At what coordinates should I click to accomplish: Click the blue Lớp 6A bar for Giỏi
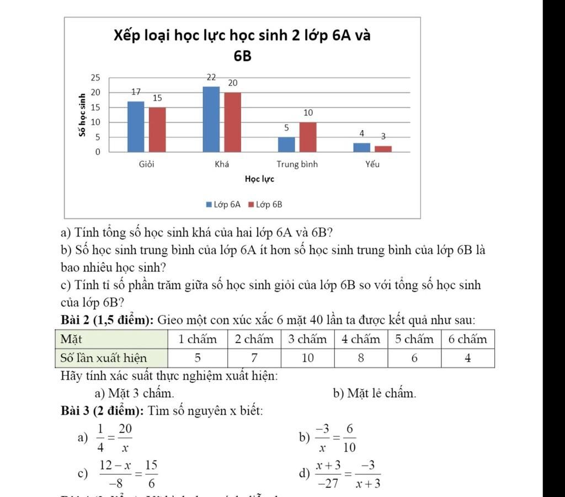(x=136, y=126)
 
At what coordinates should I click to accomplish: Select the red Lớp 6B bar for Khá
(x=232, y=122)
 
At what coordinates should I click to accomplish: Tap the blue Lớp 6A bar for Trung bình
(x=286, y=145)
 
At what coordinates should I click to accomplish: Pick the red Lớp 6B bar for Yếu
(x=383, y=149)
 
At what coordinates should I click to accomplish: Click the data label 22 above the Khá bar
(x=211, y=78)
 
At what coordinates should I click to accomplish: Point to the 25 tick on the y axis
(x=95, y=78)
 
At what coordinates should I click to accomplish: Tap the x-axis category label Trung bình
(x=297, y=164)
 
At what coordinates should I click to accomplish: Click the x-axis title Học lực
(x=259, y=179)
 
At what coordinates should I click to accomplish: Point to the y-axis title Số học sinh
(x=82, y=115)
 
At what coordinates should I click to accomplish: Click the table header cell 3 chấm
(x=307, y=339)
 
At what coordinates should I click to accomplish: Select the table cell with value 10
(x=307, y=359)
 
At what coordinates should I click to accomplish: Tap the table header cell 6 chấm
(x=467, y=339)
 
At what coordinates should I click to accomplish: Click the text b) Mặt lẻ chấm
(x=374, y=393)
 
